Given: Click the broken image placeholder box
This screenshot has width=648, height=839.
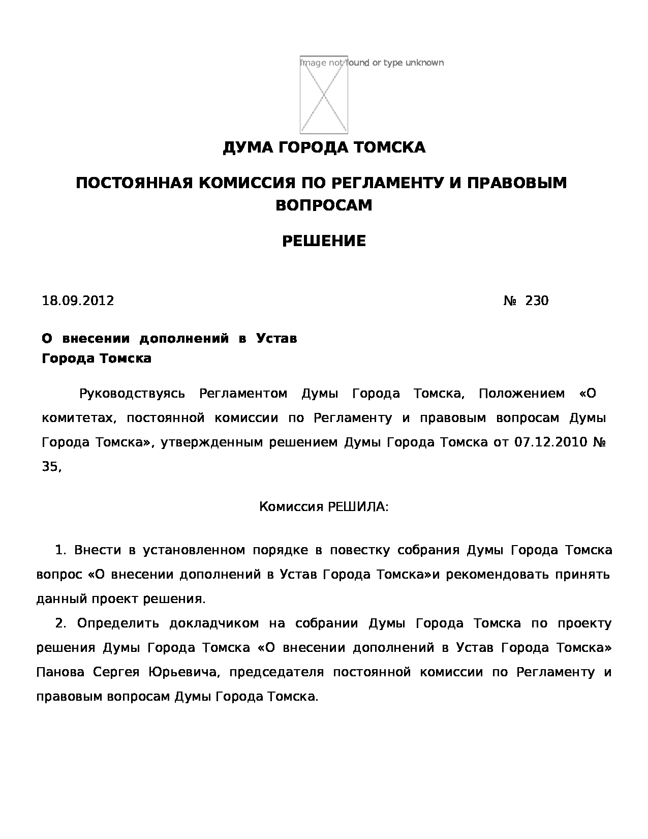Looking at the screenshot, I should click(x=324, y=95).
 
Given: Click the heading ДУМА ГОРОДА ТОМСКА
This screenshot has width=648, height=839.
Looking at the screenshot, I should click(x=324, y=148).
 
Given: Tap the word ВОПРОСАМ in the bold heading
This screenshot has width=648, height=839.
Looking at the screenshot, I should click(x=324, y=205).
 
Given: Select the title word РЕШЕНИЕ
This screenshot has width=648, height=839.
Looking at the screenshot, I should click(x=324, y=241).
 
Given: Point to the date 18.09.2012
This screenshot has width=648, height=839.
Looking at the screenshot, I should click(x=78, y=301).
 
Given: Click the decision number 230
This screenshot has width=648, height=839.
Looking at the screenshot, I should click(x=537, y=301).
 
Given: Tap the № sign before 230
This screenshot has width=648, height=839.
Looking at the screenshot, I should click(x=510, y=301).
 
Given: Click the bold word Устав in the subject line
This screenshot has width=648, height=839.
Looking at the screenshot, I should click(x=276, y=339).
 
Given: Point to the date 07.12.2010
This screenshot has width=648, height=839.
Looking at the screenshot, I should click(x=551, y=442).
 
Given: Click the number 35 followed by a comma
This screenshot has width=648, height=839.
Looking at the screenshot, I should click(x=51, y=467).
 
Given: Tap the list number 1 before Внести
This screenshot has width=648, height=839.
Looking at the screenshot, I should click(x=60, y=550).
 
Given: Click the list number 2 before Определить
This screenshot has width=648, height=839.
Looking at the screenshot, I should click(x=60, y=623).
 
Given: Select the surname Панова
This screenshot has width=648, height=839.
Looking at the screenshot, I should click(x=60, y=672).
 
